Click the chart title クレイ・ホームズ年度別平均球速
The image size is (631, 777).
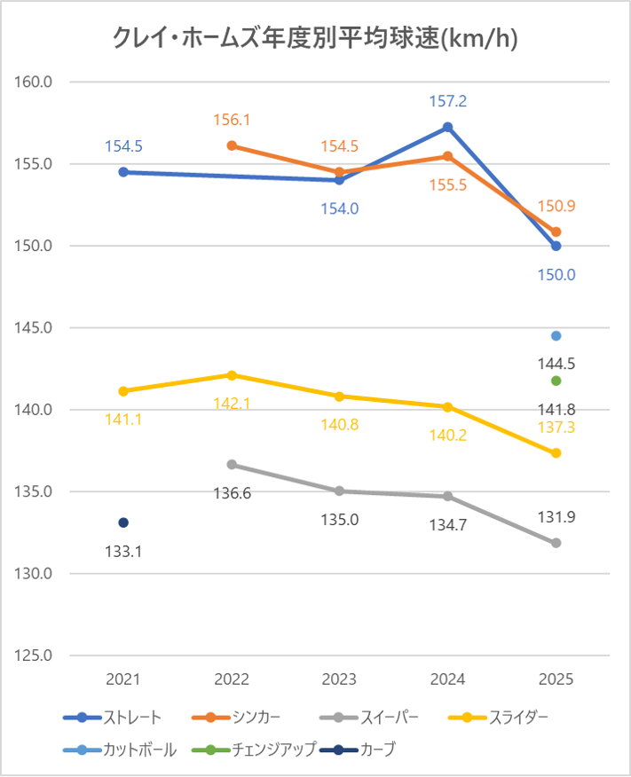315,38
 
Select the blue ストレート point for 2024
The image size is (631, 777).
448,127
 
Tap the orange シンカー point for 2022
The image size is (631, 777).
232,145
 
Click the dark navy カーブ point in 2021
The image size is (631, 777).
123,522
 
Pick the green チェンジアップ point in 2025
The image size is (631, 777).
556,381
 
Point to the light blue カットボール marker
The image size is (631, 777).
556,335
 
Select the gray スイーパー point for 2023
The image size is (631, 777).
340,491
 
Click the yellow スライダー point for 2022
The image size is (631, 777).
232,375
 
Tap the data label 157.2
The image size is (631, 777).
448,102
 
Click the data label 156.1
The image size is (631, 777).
232,120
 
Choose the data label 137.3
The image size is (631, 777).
556,428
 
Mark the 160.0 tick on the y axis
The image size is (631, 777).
35,82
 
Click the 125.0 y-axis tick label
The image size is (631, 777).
35,655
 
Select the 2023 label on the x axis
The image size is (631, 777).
340,680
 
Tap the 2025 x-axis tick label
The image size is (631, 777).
556,680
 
